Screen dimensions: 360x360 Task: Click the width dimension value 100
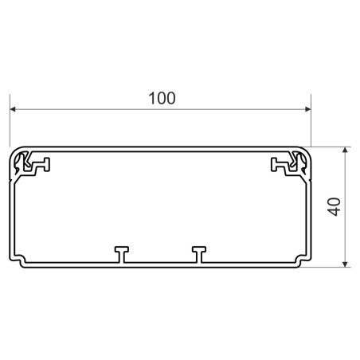162,99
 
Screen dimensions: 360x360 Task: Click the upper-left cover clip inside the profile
31,165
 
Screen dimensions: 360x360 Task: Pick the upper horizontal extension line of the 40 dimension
331,146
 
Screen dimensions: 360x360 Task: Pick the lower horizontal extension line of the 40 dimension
331,267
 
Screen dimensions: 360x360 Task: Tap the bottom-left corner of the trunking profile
13,262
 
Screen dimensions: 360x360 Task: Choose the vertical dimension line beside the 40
346,231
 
